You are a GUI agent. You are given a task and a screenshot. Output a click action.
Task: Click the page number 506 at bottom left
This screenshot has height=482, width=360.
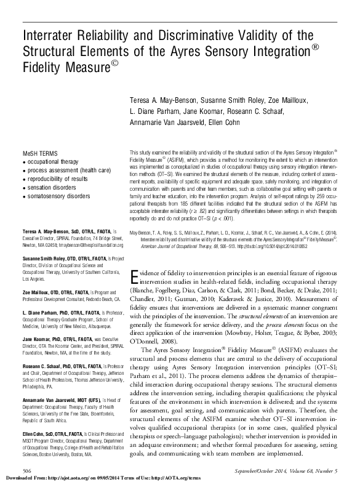[x=27, y=470]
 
